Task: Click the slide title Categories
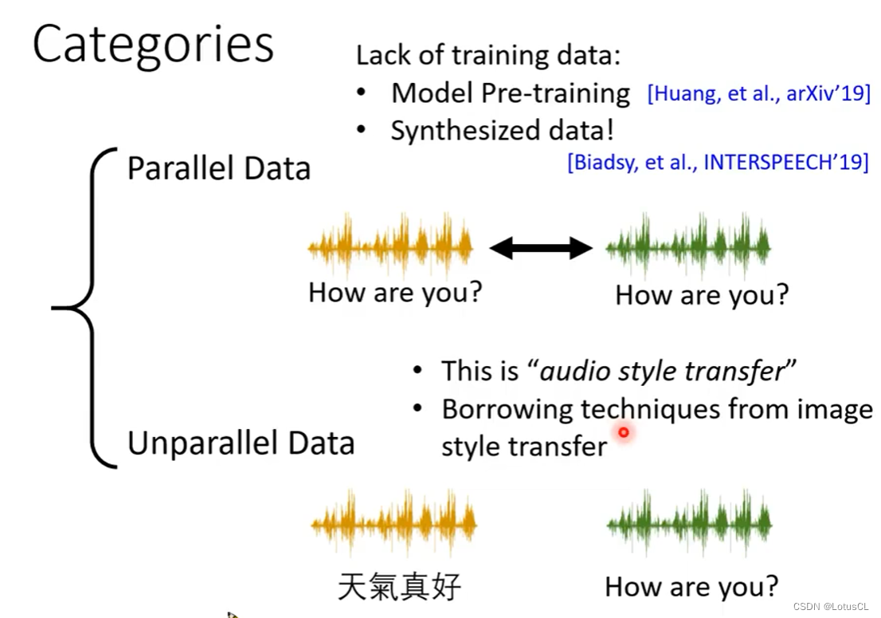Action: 153,45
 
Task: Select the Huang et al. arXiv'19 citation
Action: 758,93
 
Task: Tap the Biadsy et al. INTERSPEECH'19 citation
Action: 718,162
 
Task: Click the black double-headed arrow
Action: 541,248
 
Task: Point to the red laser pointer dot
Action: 623,432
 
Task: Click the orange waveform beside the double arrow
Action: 390,245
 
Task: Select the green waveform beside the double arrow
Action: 687,246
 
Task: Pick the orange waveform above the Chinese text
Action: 394,522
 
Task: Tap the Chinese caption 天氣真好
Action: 399,587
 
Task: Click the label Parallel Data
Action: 218,168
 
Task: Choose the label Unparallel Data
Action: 241,443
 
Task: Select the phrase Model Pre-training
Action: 510,93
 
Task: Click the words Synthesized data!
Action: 503,131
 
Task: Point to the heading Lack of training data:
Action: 488,55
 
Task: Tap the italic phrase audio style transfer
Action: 663,371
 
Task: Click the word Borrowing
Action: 507,409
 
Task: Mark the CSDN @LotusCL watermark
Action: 831,606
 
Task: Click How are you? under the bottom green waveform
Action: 691,587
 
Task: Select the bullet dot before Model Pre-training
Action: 362,93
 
